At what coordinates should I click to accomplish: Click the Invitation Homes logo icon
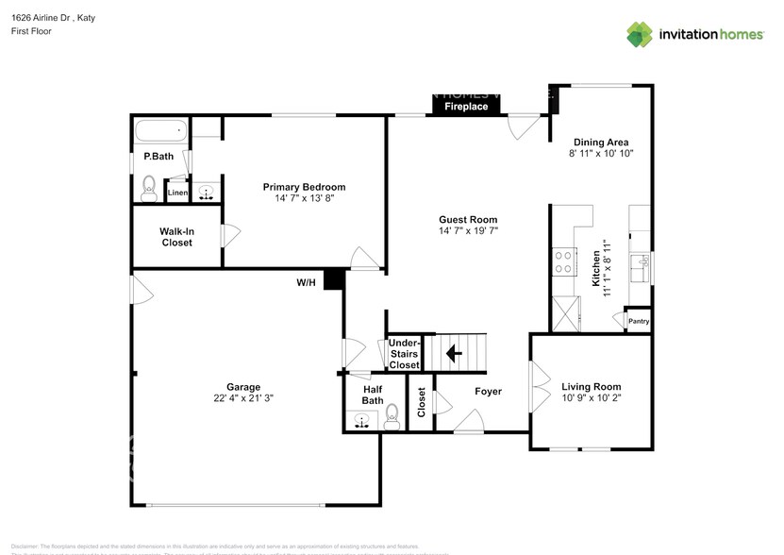point(640,34)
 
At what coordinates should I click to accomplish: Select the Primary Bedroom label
point(304,187)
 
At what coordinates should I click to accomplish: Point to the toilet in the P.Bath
point(148,188)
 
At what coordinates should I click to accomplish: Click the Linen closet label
point(176,193)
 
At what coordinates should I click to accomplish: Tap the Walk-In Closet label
point(175,237)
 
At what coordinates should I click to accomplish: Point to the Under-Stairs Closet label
point(404,354)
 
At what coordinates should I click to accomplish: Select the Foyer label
point(488,391)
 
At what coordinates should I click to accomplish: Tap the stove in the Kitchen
point(564,261)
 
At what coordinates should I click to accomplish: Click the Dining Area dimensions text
point(600,153)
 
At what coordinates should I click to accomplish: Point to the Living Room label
point(591,386)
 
